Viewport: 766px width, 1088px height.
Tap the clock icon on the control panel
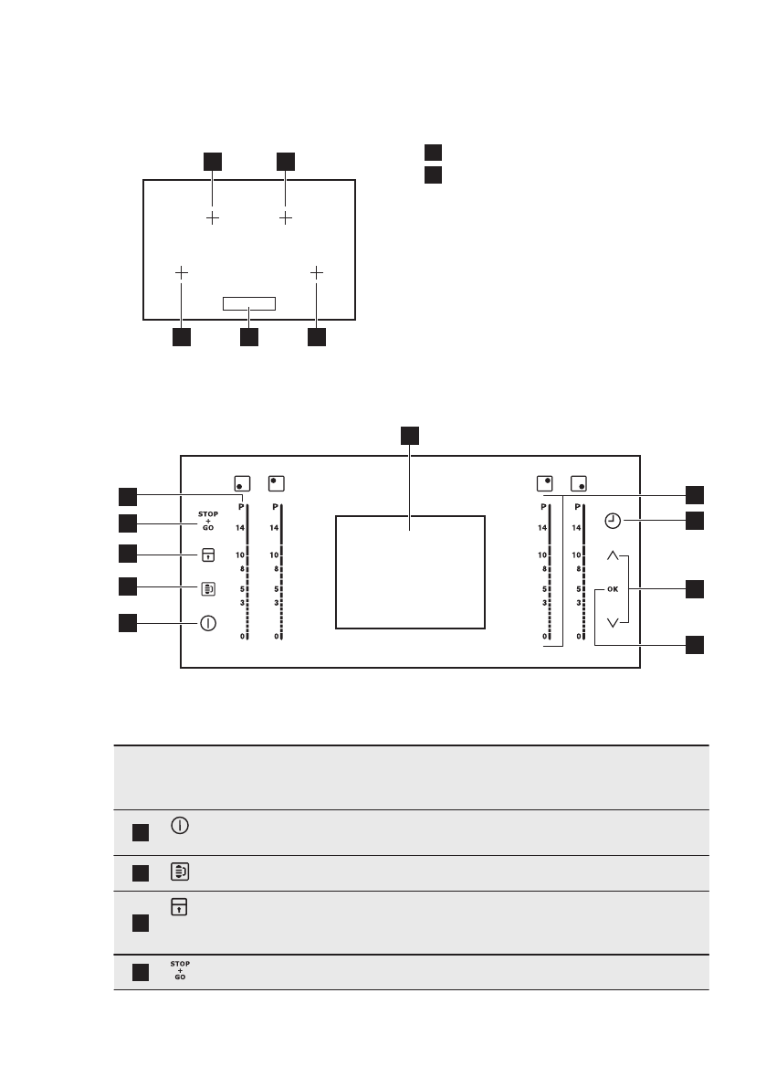[x=613, y=521]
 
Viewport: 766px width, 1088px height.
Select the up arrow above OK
[x=613, y=555]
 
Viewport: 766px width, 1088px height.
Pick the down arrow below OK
[x=613, y=623]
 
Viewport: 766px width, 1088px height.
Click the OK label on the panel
[x=612, y=589]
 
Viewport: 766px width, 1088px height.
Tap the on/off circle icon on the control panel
[x=208, y=624]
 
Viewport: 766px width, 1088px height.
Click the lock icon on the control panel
[x=208, y=555]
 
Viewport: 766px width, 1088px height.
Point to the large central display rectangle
[x=410, y=571]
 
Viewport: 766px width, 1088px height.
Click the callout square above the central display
[x=410, y=435]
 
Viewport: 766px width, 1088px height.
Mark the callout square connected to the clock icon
[x=696, y=521]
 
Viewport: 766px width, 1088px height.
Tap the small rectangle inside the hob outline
[x=248, y=303]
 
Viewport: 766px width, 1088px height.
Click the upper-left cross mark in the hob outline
[x=212, y=218]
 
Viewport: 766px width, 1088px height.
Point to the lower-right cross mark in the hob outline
[x=316, y=272]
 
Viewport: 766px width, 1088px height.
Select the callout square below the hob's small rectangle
[x=248, y=337]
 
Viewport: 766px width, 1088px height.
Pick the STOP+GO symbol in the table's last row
[x=180, y=971]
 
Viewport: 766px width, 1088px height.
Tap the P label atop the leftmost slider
[x=241, y=506]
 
